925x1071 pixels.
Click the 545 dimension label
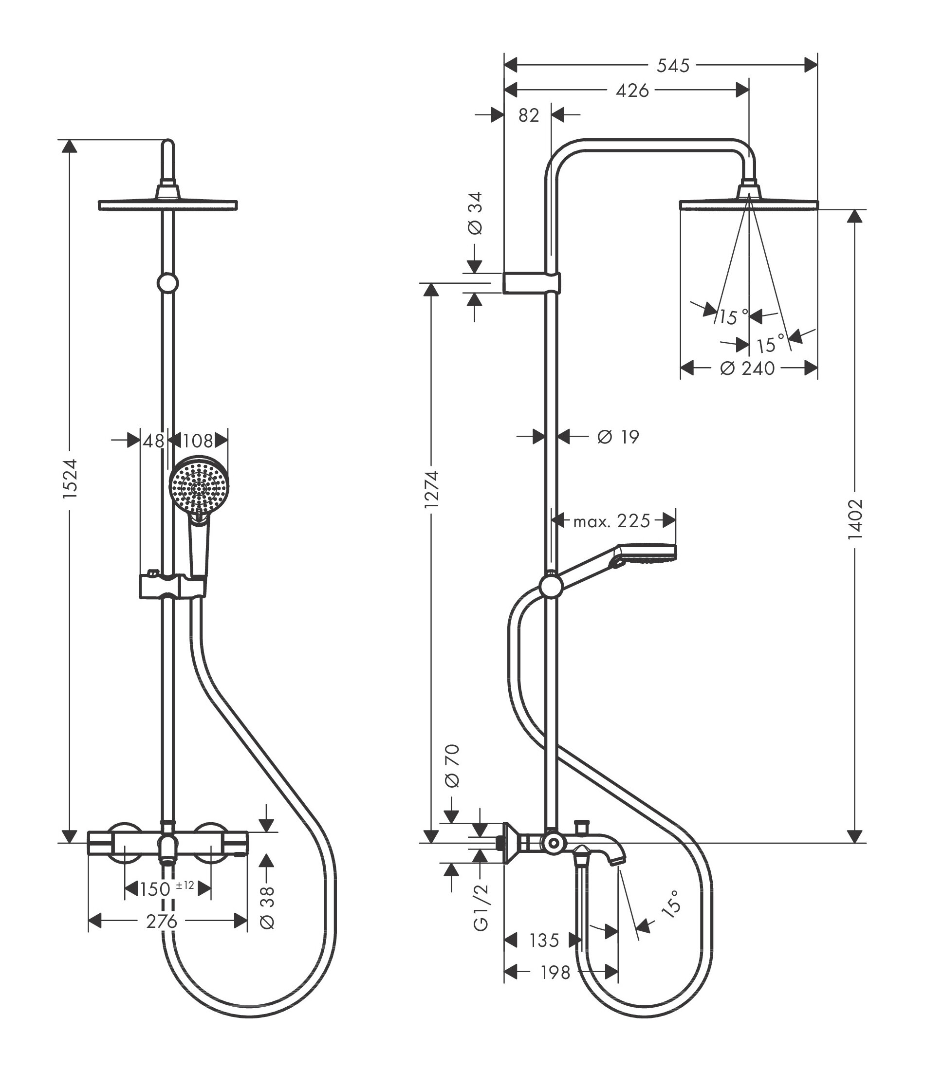point(673,66)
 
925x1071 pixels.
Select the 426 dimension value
point(632,91)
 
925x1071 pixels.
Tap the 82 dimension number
point(528,115)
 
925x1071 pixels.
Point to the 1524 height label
point(69,478)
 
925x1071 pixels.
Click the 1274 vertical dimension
point(431,489)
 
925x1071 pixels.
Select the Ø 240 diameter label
point(747,369)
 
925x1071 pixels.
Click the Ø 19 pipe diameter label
point(618,437)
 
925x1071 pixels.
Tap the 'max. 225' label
point(611,521)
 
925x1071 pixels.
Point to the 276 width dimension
point(162,921)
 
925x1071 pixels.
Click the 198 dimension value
point(555,972)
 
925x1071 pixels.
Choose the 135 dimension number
point(544,940)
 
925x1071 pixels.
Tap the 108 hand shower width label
point(198,441)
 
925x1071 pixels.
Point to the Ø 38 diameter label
point(267,907)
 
